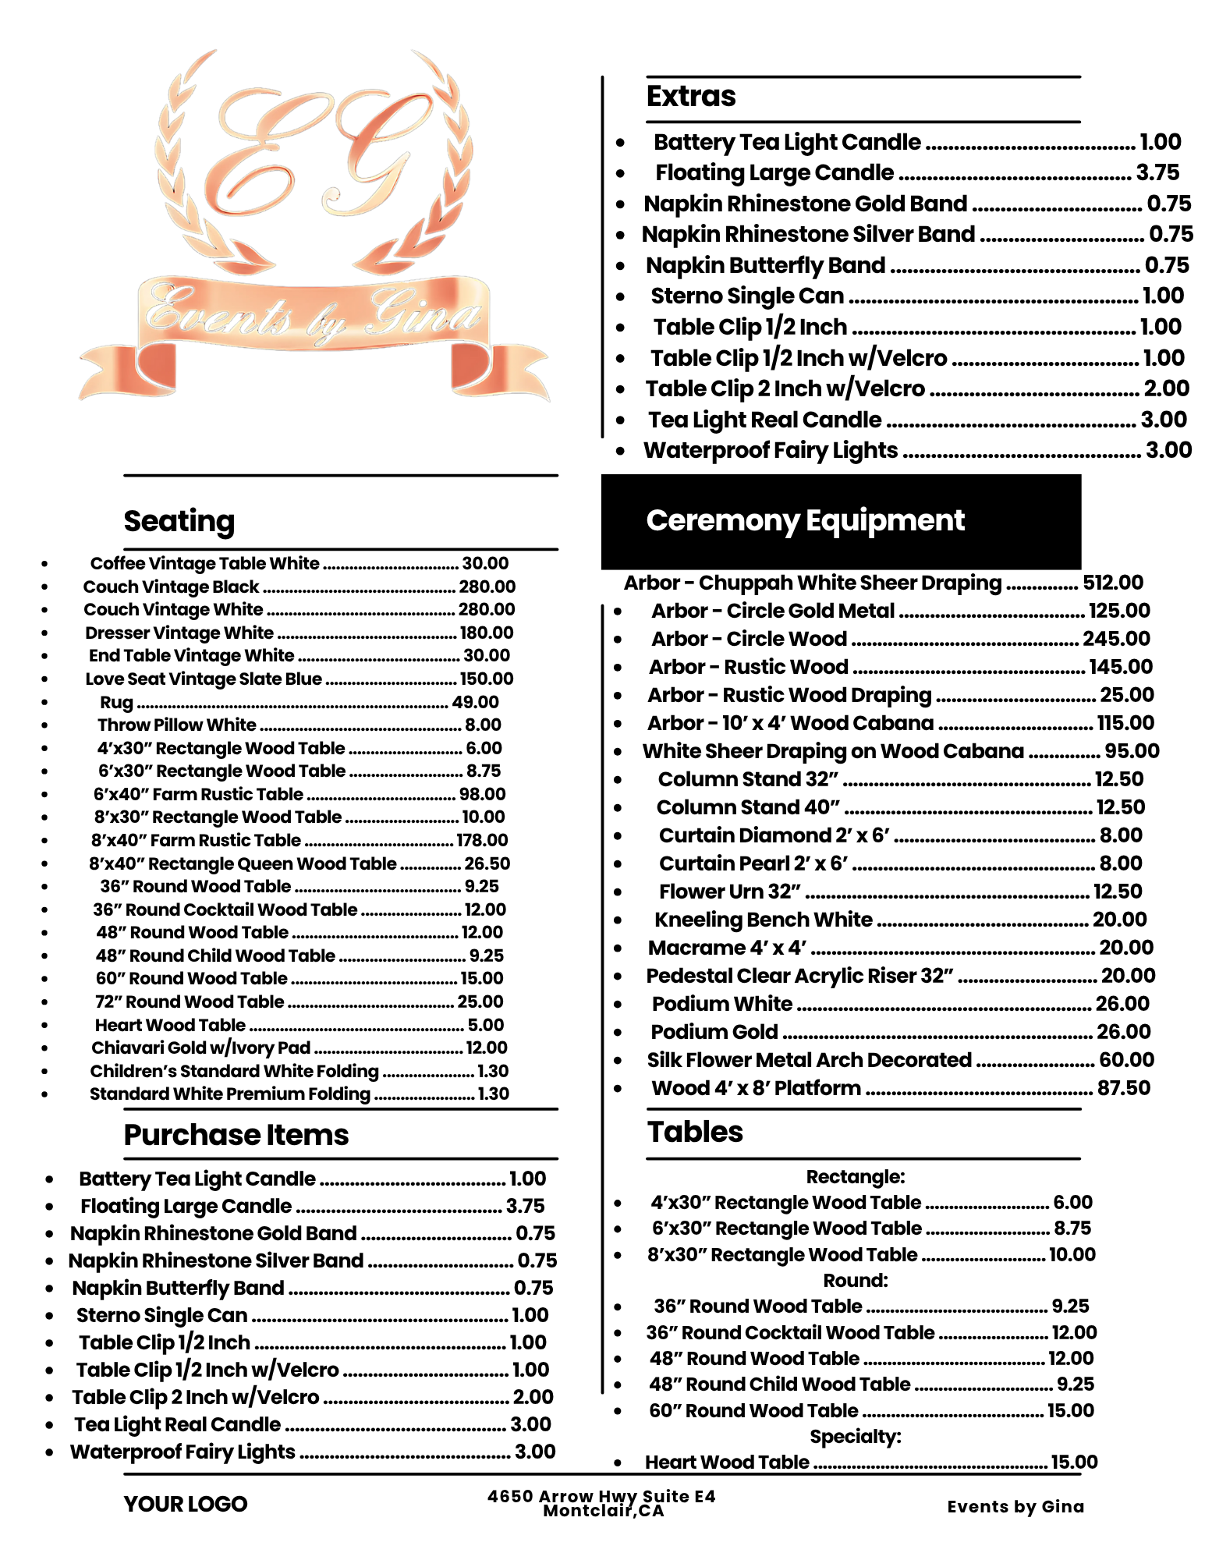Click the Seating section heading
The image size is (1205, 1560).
pyautogui.click(x=179, y=521)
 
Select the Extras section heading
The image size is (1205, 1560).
pyautogui.click(x=691, y=97)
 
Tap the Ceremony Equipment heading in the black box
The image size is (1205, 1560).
pyautogui.click(x=805, y=520)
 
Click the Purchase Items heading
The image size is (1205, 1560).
pyautogui.click(x=236, y=1135)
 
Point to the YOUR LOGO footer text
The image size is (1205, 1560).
pyautogui.click(x=185, y=1504)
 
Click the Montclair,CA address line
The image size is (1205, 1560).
pyautogui.click(x=603, y=1512)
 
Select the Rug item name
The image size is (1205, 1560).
pyautogui.click(x=117, y=702)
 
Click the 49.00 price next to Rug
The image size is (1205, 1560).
pyautogui.click(x=475, y=702)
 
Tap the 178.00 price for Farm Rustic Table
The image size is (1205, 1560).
pyautogui.click(x=482, y=840)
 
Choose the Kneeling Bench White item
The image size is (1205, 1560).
pyautogui.click(x=763, y=920)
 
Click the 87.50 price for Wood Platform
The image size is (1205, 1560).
pyautogui.click(x=1123, y=1088)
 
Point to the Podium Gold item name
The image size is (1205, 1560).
pyautogui.click(x=714, y=1032)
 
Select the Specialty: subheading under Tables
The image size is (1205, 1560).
pyautogui.click(x=855, y=1437)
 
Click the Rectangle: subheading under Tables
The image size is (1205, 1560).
pyautogui.click(x=855, y=1176)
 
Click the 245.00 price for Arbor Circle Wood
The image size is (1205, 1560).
pyautogui.click(x=1116, y=639)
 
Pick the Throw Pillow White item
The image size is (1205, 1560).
pyautogui.click(x=177, y=725)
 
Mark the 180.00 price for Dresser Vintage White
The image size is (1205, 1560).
pyautogui.click(x=486, y=633)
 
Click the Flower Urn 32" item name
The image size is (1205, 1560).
pyautogui.click(x=729, y=892)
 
